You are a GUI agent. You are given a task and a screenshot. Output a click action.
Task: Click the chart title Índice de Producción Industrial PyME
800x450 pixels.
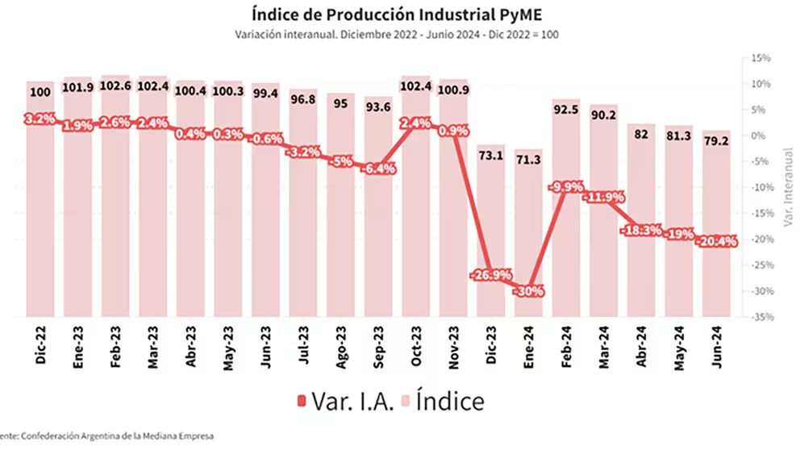[x=400, y=15]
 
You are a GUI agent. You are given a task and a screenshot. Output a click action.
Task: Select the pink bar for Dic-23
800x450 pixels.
[x=491, y=234]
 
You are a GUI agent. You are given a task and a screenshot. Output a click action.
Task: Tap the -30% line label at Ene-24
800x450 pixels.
[x=529, y=290]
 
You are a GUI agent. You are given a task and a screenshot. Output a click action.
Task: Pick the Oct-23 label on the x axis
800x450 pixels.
[x=416, y=347]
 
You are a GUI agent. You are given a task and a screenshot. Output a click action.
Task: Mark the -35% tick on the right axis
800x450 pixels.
[x=760, y=317]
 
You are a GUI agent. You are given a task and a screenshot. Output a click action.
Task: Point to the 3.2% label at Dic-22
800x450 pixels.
[x=40, y=119]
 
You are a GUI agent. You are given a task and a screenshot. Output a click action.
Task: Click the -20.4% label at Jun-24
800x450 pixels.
[x=717, y=241]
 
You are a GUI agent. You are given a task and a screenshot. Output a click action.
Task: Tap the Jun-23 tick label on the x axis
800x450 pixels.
[x=266, y=347]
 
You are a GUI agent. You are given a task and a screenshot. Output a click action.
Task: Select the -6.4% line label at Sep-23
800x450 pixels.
[x=378, y=169]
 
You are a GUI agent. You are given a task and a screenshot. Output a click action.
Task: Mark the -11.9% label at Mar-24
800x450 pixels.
[x=604, y=196]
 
